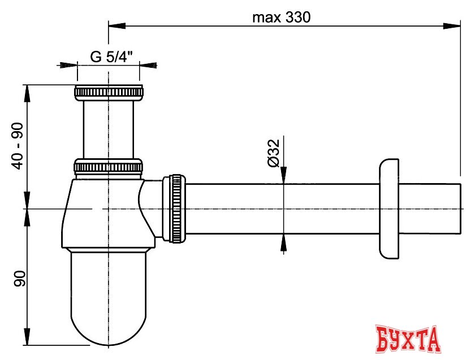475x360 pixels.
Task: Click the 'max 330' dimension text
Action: [x=282, y=18]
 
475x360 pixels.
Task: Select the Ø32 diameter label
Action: [x=274, y=153]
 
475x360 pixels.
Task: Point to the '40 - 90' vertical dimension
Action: [x=19, y=146]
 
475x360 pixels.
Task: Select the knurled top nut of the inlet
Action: [x=109, y=92]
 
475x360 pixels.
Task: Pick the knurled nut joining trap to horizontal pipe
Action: [x=174, y=209]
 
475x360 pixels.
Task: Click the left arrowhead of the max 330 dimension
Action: [x=115, y=25]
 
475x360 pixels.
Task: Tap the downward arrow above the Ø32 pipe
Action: [x=283, y=175]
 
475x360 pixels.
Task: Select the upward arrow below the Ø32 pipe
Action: [x=283, y=242]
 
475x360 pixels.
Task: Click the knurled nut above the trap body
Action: [x=108, y=167]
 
